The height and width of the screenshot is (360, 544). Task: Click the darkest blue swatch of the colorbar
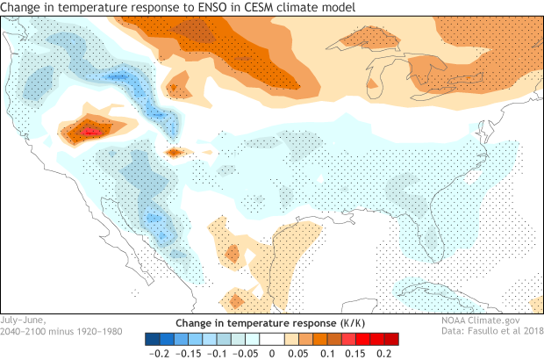(151, 338)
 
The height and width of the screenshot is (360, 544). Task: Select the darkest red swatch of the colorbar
(392, 338)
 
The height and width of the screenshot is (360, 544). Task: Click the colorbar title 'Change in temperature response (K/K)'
(271, 322)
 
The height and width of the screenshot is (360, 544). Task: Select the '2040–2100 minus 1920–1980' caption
(54, 331)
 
